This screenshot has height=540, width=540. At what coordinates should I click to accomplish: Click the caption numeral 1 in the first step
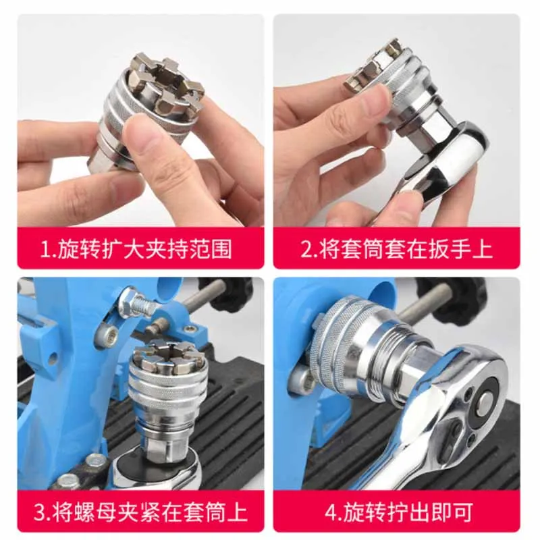45,249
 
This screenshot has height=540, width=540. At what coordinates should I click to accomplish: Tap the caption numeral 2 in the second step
306,249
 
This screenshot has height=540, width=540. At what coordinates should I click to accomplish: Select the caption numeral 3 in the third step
40,512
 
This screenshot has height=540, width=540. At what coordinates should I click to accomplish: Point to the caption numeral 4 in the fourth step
332,513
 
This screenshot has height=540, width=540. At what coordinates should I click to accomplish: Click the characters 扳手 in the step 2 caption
450,249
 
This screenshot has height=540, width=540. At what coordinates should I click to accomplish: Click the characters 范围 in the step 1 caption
210,249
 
